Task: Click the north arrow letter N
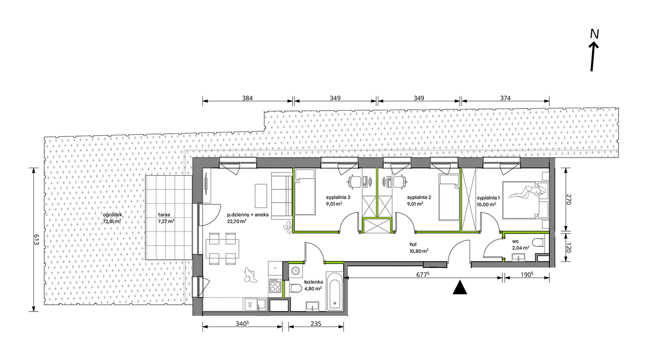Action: pyautogui.click(x=594, y=34)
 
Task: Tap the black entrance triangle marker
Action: pyautogui.click(x=460, y=287)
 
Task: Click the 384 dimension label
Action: pyautogui.click(x=248, y=98)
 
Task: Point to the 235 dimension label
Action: pyautogui.click(x=316, y=324)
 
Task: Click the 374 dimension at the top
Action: pyautogui.click(x=505, y=98)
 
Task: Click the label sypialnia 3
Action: pyautogui.click(x=338, y=197)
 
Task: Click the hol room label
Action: pyautogui.click(x=413, y=244)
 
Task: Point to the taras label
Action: pyautogui.click(x=164, y=215)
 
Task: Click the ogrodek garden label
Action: pyautogui.click(x=112, y=215)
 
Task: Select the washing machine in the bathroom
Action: pyautogui.click(x=296, y=271)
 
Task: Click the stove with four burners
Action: pyautogui.click(x=275, y=286)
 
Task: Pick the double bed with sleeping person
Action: pyautogui.click(x=526, y=200)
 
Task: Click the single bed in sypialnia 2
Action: pyautogui.click(x=449, y=198)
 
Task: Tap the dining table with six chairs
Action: pyautogui.click(x=222, y=249)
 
